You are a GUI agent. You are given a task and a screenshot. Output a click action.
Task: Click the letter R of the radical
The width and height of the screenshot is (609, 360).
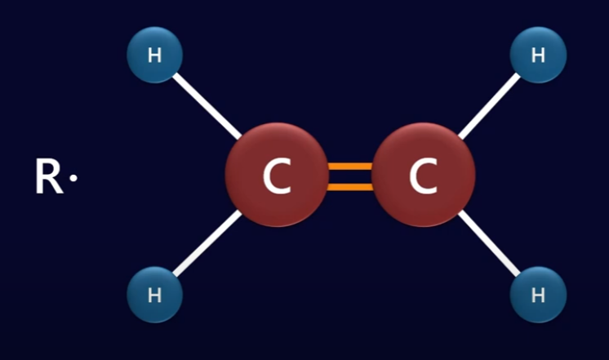(48, 177)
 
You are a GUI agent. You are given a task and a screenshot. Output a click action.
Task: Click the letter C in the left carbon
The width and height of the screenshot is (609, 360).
(277, 177)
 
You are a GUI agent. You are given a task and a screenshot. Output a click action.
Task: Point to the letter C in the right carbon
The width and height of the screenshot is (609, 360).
(423, 177)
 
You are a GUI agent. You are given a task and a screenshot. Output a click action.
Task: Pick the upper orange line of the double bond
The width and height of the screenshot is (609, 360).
(349, 167)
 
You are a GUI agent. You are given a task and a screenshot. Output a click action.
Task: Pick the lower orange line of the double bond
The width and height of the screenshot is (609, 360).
(349, 186)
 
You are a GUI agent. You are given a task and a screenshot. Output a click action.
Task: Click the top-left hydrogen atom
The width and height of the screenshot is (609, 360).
(154, 55)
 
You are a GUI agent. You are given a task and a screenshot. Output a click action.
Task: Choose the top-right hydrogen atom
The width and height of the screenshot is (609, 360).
(538, 55)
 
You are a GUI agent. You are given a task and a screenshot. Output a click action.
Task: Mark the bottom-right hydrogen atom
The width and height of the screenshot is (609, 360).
(538, 295)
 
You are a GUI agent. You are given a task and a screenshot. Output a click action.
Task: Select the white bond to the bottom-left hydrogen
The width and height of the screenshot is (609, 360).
(204, 247)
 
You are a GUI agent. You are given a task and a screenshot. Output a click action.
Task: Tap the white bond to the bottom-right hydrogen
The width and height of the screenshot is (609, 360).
(490, 247)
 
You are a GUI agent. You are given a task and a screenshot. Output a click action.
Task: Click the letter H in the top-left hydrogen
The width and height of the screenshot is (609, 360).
(154, 56)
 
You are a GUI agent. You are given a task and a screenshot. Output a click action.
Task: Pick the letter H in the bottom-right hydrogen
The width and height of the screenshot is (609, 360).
(538, 295)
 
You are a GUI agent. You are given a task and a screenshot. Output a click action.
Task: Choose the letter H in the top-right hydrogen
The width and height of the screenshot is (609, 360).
(538, 56)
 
